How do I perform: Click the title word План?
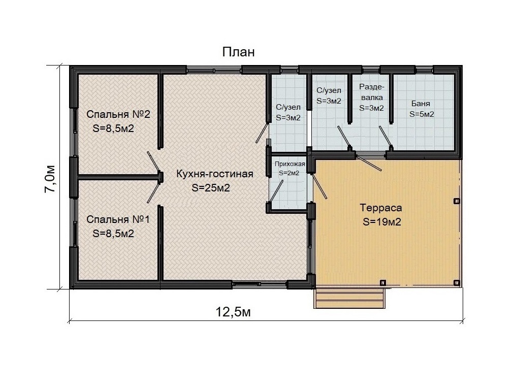[238, 52]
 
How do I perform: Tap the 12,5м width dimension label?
[233, 312]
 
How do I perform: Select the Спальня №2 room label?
[118, 114]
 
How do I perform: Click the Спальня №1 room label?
[118, 219]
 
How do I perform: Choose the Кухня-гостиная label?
[214, 174]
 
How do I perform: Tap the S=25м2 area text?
[211, 188]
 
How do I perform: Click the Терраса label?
[381, 208]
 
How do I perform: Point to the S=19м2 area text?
[382, 222]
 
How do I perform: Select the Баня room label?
[421, 104]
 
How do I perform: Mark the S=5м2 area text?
[422, 114]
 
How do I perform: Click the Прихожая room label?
[289, 164]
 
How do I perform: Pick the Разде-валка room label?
[371, 92]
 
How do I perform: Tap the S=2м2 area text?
[289, 173]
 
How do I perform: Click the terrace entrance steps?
[349, 298]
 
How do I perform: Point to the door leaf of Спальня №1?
[154, 192]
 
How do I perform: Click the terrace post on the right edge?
[457, 201]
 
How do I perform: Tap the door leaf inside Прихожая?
[277, 190]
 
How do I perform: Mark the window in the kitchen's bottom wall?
[260, 284]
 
